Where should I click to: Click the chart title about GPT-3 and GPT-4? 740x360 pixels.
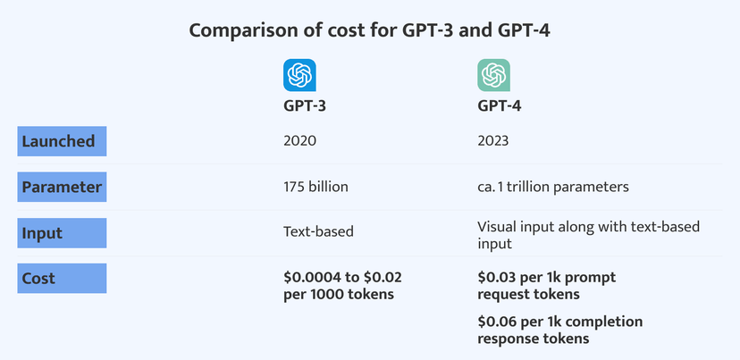pyautogui.click(x=369, y=30)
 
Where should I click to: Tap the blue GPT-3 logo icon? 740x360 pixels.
pyautogui.click(x=299, y=75)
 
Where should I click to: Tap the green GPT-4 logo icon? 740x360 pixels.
pyautogui.click(x=493, y=75)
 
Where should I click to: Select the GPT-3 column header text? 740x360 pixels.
pyautogui.click(x=306, y=108)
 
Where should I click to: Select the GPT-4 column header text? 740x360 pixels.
pyautogui.click(x=500, y=108)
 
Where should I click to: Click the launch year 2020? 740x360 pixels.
pyautogui.click(x=299, y=141)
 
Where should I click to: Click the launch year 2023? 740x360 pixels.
pyautogui.click(x=494, y=141)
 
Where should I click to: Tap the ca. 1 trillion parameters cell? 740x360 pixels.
pyautogui.click(x=553, y=188)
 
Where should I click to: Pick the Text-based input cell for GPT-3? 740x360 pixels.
pyautogui.click(x=318, y=232)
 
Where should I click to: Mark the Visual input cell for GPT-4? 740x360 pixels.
pyautogui.click(x=587, y=234)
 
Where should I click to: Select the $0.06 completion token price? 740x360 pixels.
pyautogui.click(x=560, y=330)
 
